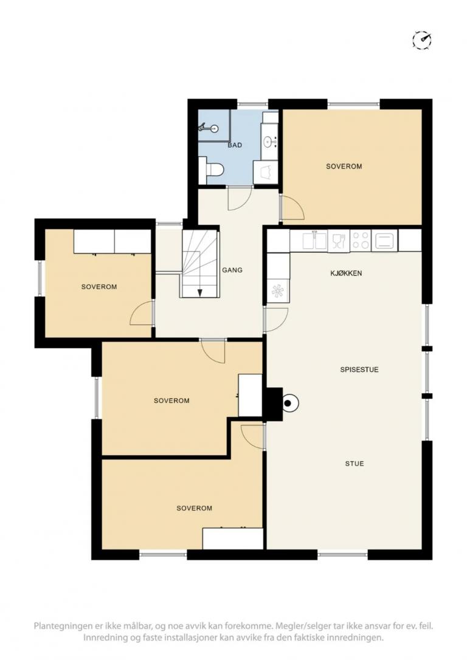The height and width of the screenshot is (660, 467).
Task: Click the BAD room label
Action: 235,145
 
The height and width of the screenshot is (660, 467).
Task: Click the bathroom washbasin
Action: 268,142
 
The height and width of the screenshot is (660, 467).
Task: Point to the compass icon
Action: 422,40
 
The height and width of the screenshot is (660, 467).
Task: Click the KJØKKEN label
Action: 346,273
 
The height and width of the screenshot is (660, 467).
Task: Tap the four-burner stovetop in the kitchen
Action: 361,241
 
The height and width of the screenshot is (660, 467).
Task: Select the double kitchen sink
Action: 314,241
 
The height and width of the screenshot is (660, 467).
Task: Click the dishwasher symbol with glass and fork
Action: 339,241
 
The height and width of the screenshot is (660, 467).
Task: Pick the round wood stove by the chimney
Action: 289,404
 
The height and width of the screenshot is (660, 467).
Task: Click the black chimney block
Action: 273,404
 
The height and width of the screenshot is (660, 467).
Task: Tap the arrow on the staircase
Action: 200,292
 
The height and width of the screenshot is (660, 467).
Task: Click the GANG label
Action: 232,270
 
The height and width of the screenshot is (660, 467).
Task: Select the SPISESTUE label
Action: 359,370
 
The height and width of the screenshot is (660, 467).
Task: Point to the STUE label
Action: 355,464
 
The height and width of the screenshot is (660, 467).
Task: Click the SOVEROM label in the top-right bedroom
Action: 344,167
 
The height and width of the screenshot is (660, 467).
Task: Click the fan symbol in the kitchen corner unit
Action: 277,291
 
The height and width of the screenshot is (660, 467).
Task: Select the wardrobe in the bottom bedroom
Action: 233,538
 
